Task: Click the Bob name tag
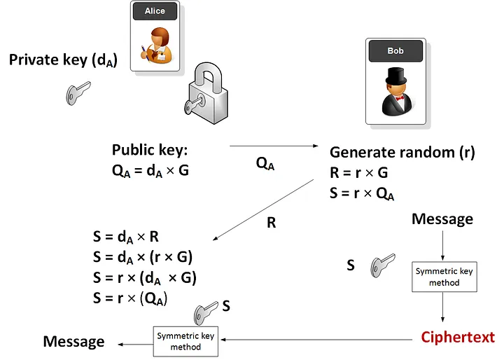[395, 51]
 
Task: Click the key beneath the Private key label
[78, 93]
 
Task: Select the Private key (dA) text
[63, 60]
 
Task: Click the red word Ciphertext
[458, 337]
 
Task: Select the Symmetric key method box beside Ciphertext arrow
[185, 341]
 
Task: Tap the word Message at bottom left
[73, 342]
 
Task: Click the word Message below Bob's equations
[442, 219]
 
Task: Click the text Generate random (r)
[402, 153]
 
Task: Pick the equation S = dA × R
[126, 236]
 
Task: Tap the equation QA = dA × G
[150, 170]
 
